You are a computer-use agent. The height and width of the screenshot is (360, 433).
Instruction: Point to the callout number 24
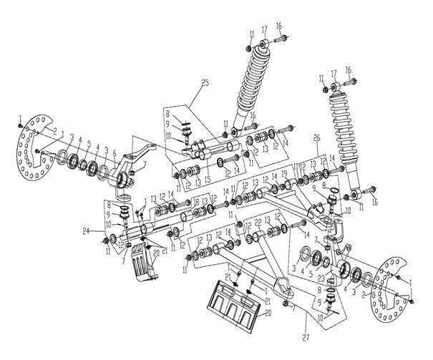pyautogui.click(x=84, y=230)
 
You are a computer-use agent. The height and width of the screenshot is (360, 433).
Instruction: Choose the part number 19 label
pyautogui.click(x=283, y=173)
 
